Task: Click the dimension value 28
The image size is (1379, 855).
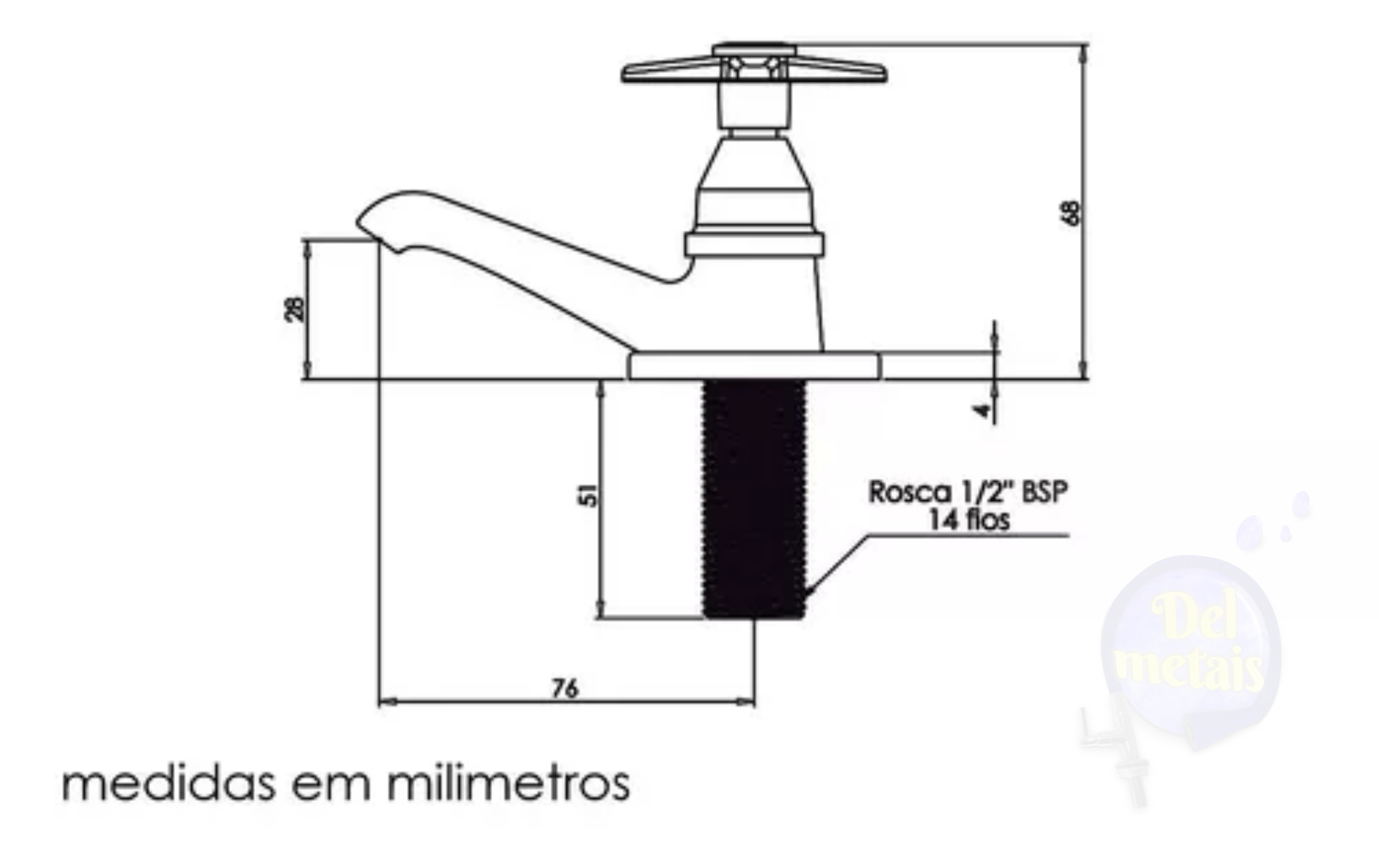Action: coord(294,309)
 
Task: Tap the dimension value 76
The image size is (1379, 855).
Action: coord(565,689)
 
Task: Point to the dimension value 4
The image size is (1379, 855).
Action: coord(984,410)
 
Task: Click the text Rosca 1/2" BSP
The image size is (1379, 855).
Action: coord(967,492)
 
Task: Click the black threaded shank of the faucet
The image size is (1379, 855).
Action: coord(753,497)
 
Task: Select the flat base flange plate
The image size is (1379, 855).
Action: coord(753,366)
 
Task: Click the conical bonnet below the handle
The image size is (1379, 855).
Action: coord(753,164)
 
